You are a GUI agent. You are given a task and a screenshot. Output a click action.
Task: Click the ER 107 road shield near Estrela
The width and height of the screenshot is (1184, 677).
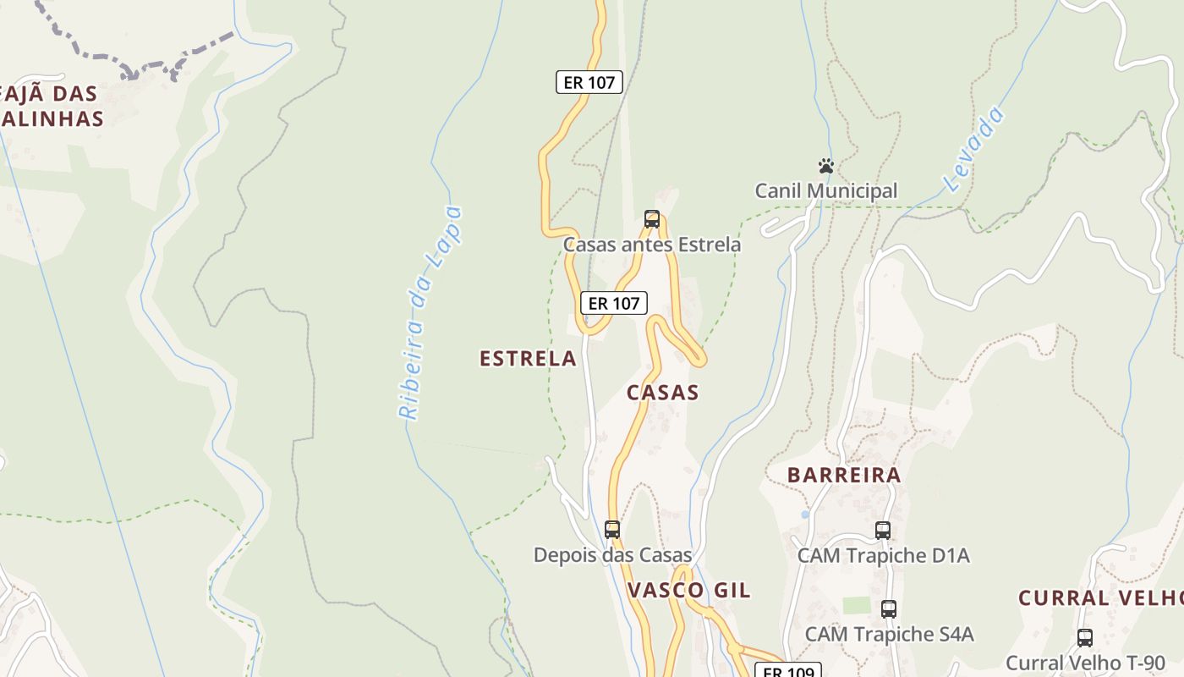pos(614,303)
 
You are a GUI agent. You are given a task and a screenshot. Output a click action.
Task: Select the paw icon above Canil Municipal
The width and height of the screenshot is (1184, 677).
pos(826,166)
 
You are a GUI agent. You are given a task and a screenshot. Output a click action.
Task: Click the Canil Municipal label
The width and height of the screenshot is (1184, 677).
pos(826,190)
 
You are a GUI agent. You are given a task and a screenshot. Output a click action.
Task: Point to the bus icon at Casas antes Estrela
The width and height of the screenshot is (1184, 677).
pos(652,219)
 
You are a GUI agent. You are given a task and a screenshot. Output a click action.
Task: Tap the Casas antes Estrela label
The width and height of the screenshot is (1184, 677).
pos(652,245)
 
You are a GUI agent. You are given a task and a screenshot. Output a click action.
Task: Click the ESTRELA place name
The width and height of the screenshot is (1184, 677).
pos(528,359)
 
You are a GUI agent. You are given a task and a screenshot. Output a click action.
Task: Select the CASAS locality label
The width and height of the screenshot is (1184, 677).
pos(663,393)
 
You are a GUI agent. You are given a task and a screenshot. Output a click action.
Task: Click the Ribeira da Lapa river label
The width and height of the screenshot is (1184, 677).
pos(431,313)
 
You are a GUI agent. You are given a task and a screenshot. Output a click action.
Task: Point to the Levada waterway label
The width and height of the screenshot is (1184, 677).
pos(975,149)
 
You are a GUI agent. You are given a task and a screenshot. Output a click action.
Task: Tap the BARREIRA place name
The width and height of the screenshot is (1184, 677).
pos(844,475)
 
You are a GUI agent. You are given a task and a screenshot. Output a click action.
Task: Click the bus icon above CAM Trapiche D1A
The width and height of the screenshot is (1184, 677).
pos(883,531)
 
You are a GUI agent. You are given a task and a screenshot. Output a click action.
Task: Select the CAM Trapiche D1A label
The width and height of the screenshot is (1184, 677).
pos(883,555)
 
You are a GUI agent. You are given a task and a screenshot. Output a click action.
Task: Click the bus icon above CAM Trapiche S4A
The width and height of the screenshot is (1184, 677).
pos(889,608)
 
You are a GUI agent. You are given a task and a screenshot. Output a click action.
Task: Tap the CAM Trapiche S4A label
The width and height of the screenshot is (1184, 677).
pos(889,634)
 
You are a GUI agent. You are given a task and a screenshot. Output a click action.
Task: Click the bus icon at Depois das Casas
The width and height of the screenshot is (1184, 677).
pos(612,530)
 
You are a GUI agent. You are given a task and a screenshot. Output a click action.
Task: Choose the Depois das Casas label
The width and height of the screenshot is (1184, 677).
pos(612,555)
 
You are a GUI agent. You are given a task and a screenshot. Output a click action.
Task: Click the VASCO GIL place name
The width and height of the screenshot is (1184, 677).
pos(688,591)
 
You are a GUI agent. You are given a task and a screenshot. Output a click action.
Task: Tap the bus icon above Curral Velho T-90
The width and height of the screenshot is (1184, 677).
pos(1085,637)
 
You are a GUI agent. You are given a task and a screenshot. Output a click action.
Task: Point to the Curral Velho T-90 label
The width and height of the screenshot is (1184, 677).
pos(1085,663)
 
